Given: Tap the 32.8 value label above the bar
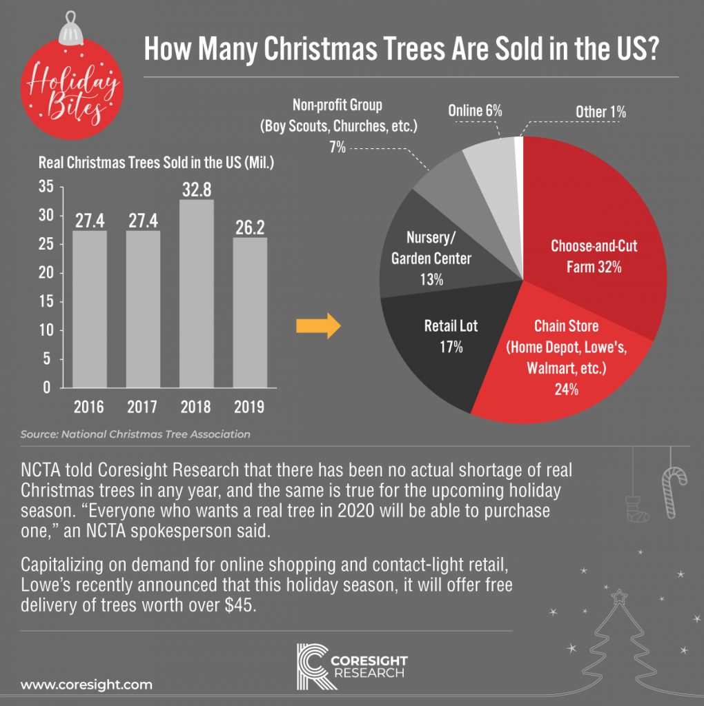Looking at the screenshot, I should (196, 190).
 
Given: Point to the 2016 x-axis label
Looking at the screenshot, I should (89, 407).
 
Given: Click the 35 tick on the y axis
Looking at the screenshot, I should (46, 186).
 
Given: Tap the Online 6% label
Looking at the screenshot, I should (474, 110).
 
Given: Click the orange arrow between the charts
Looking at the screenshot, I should (324, 327).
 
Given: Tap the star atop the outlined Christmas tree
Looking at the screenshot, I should (618, 595).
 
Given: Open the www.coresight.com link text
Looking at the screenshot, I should (86, 685).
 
